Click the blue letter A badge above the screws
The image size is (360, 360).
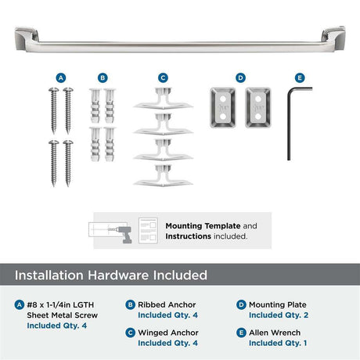pos(61,77)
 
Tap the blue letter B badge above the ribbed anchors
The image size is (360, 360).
pos(103,77)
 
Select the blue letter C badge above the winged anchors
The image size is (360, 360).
pos(163,77)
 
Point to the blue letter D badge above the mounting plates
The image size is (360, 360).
pos(240,77)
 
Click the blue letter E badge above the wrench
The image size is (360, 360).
pos(300,77)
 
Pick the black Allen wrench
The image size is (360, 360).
pos(289,123)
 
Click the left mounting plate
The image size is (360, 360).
pos(223,107)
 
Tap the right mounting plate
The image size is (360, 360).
pos(258,107)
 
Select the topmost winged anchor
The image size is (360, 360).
pos(163,99)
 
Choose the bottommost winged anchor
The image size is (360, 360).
pos(163,175)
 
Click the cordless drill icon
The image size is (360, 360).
pos(123,233)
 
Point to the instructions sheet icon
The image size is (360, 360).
pos(148,231)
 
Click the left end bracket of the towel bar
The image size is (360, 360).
pos(27,38)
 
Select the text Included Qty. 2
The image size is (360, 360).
pos(279,315)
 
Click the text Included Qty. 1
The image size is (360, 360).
pos(278,343)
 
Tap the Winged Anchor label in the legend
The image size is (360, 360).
pos(168,333)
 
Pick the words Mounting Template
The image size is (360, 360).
pos(203,226)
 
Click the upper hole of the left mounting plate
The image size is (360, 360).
pos(223,99)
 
